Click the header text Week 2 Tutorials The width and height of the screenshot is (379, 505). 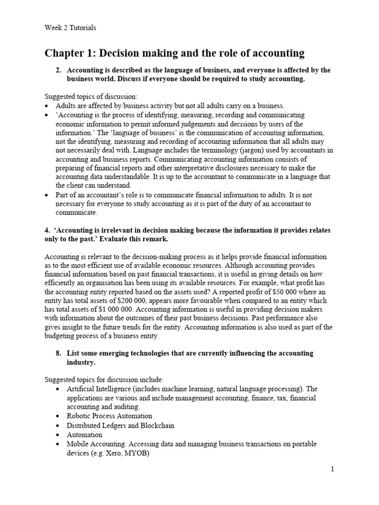pyautogui.click(x=70, y=28)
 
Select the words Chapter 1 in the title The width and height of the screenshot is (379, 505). pyautogui.click(x=70, y=53)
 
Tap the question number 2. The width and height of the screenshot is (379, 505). pyautogui.click(x=59, y=71)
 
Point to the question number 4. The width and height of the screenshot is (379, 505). pyautogui.click(x=47, y=231)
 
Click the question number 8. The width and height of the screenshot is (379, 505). pyautogui.click(x=59, y=354)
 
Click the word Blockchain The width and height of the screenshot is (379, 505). pyautogui.click(x=155, y=425)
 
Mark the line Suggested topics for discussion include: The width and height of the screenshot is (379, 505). pyautogui.click(x=104, y=379)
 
